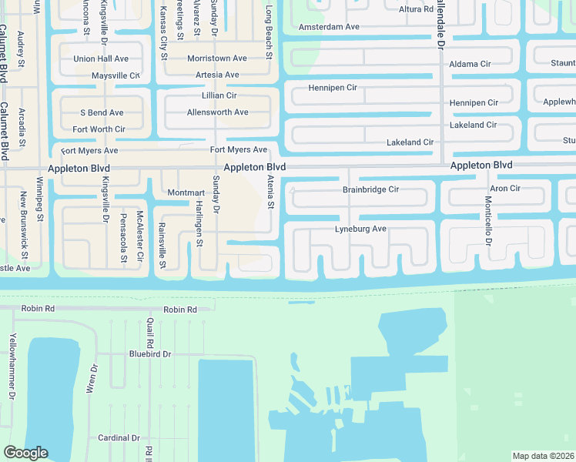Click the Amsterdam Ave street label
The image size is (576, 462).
(329, 26)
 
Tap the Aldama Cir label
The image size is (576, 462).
(470, 64)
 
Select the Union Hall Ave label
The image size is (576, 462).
(101, 59)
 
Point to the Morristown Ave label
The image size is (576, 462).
(217, 59)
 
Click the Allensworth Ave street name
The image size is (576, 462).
(217, 112)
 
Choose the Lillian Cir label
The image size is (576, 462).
(219, 95)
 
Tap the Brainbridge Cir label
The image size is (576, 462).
(370, 189)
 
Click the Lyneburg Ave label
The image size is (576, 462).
(360, 229)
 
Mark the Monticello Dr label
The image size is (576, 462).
(488, 220)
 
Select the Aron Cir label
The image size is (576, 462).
(505, 189)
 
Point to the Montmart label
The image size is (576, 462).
(186, 192)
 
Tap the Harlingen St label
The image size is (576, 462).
(199, 223)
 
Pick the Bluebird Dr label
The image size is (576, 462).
(149, 354)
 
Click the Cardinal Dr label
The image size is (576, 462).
(119, 438)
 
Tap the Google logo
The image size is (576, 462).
(25, 453)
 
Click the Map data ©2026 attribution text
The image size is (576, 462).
(543, 456)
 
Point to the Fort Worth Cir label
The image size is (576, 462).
(99, 129)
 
